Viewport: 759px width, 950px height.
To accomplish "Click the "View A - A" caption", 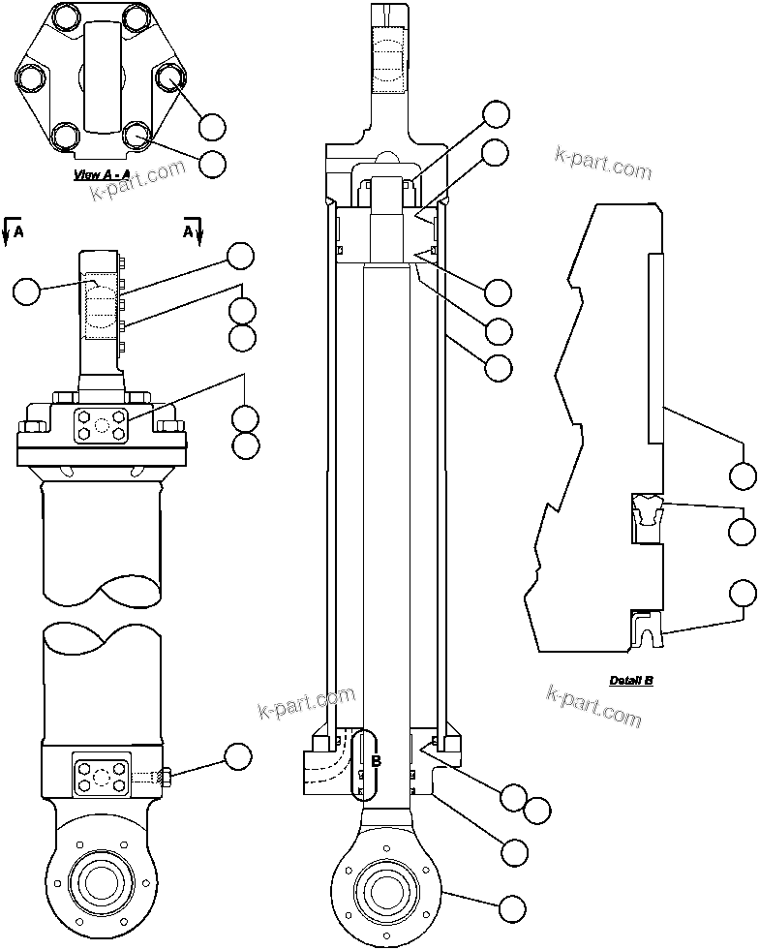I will click(x=103, y=175).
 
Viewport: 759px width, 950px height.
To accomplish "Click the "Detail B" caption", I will click(x=631, y=680).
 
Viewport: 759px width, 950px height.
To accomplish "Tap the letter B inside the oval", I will click(x=376, y=762).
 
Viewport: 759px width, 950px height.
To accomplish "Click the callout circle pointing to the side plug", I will click(x=237, y=756).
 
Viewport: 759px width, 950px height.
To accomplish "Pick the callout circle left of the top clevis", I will click(x=27, y=290).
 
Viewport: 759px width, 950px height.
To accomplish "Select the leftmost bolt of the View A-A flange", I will click(x=29, y=77).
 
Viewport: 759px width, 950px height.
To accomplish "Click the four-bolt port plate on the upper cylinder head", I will click(x=101, y=424).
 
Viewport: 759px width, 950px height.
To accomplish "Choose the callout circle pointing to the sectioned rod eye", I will click(x=512, y=909).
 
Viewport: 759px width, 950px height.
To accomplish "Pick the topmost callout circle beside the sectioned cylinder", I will click(x=496, y=114).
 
